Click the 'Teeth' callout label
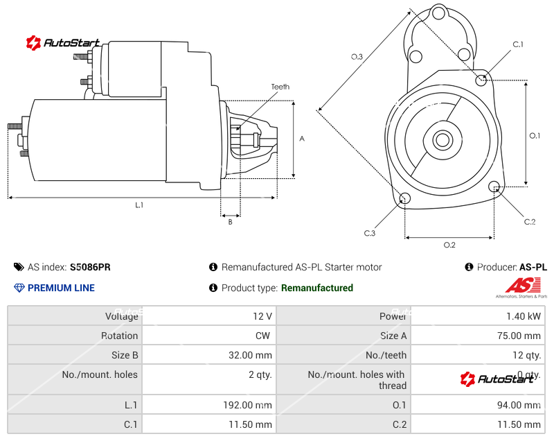(x=280, y=87)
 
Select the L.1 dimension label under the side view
(x=138, y=205)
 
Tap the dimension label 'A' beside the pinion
(x=302, y=139)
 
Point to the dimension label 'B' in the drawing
(x=230, y=222)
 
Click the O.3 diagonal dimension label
(x=357, y=57)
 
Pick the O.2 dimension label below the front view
(x=449, y=245)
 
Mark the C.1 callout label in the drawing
(x=517, y=44)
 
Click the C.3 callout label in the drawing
(x=370, y=233)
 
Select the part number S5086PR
(x=90, y=267)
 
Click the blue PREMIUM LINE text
(x=61, y=288)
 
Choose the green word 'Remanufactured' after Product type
(x=316, y=288)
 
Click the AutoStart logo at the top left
(x=63, y=43)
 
